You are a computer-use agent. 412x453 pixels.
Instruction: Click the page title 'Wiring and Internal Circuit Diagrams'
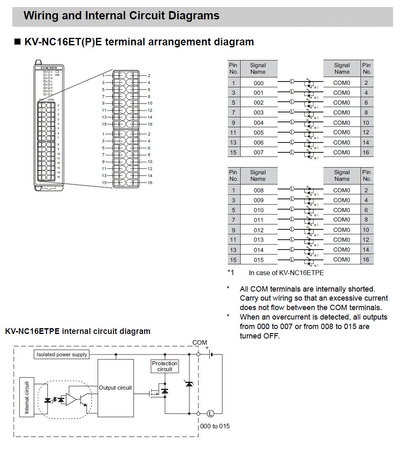(x=122, y=16)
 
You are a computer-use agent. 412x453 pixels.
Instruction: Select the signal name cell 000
(x=258, y=83)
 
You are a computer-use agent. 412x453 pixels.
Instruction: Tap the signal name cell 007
(x=258, y=152)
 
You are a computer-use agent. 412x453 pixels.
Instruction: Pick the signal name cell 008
(x=258, y=190)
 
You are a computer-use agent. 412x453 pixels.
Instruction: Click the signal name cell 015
(x=258, y=260)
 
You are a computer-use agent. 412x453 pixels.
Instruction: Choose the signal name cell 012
(x=258, y=230)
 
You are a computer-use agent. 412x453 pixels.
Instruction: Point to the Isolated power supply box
(x=62, y=354)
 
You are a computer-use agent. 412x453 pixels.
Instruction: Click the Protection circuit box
(x=165, y=366)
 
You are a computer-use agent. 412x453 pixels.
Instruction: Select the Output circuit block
(x=115, y=388)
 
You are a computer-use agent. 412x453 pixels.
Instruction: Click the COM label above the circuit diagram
(x=200, y=343)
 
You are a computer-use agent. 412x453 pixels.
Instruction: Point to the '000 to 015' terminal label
(x=215, y=426)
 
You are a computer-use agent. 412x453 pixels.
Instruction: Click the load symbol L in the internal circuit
(x=211, y=413)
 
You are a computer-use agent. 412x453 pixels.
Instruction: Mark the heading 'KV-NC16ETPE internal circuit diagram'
(x=77, y=331)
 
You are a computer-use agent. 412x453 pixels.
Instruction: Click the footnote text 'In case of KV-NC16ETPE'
(x=286, y=273)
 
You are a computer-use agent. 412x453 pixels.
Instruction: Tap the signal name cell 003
(x=258, y=112)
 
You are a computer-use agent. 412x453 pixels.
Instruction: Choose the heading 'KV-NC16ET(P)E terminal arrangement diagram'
(x=139, y=42)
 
